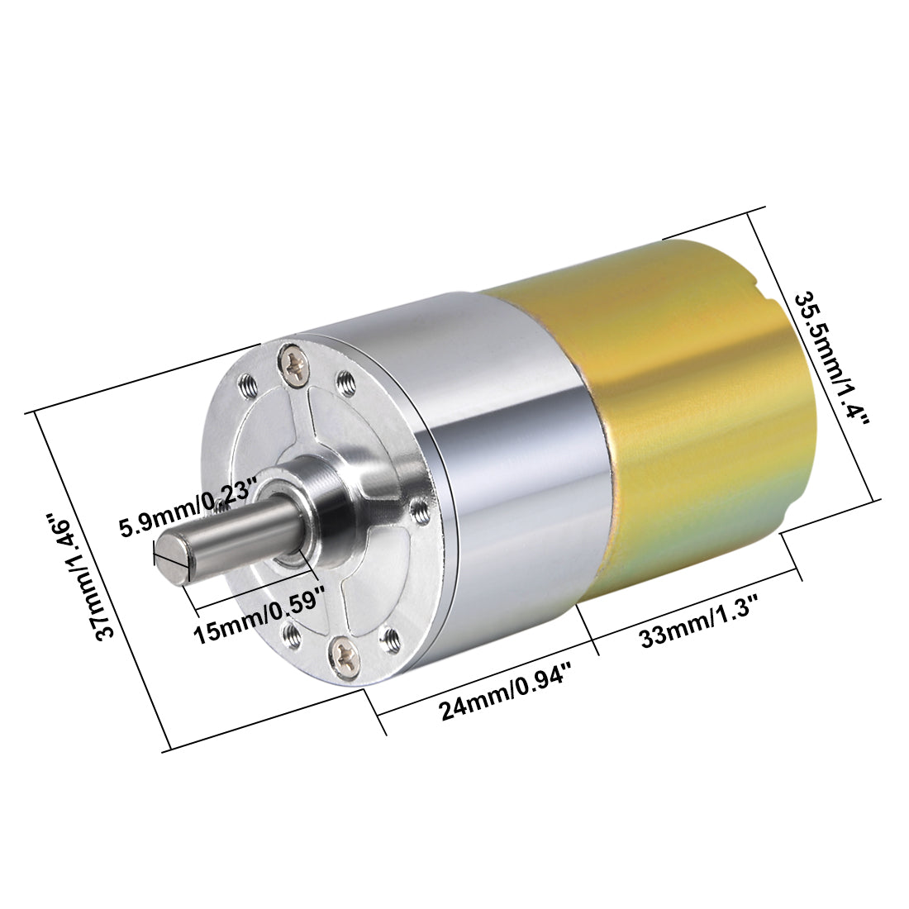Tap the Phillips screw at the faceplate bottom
[344, 653]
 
